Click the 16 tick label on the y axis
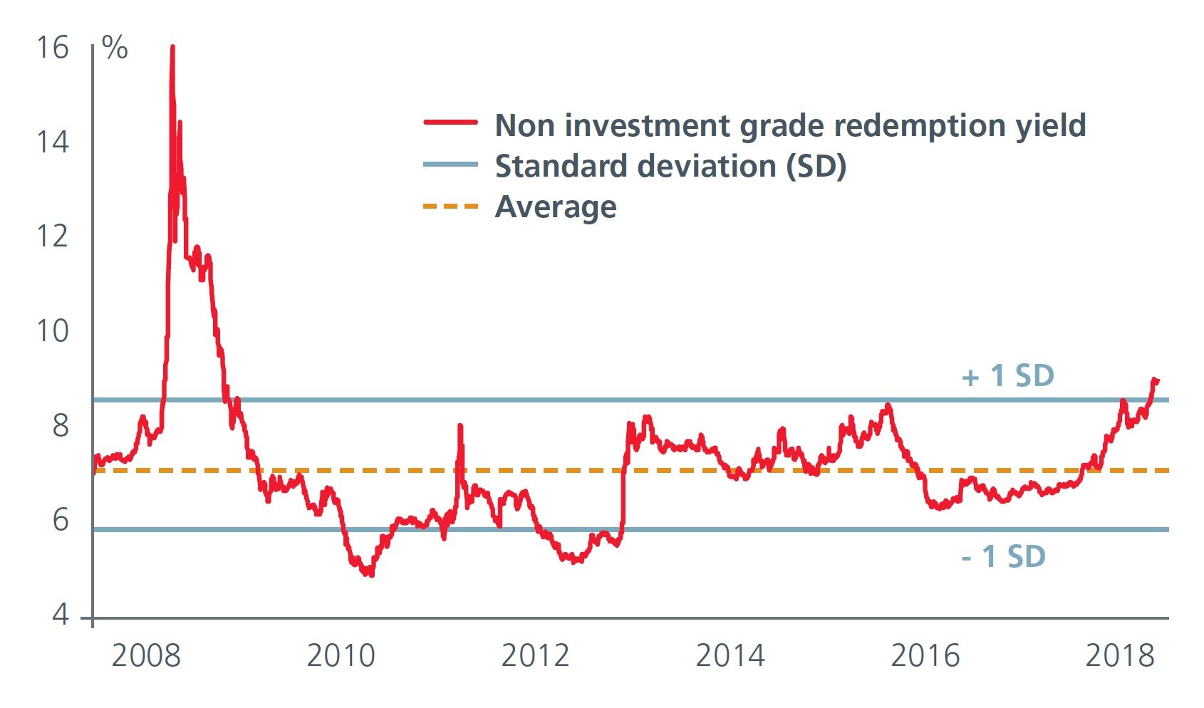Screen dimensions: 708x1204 tap(52, 48)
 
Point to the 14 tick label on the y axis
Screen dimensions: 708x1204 tap(52, 142)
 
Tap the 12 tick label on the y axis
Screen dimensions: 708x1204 tap(52, 236)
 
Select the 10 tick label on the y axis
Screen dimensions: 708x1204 tap(52, 331)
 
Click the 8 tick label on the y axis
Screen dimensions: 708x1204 tap(61, 426)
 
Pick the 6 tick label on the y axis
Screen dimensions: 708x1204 tap(61, 521)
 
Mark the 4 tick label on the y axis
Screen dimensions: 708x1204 tap(61, 614)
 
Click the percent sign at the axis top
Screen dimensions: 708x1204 tap(115, 48)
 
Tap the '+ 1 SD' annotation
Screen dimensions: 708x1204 tap(1007, 376)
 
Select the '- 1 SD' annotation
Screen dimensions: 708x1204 tap(1003, 557)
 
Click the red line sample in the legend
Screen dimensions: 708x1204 tap(450, 123)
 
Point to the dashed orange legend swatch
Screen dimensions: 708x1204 tap(450, 207)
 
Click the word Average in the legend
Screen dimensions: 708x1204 tap(556, 207)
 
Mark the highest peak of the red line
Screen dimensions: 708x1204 tap(172, 48)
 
